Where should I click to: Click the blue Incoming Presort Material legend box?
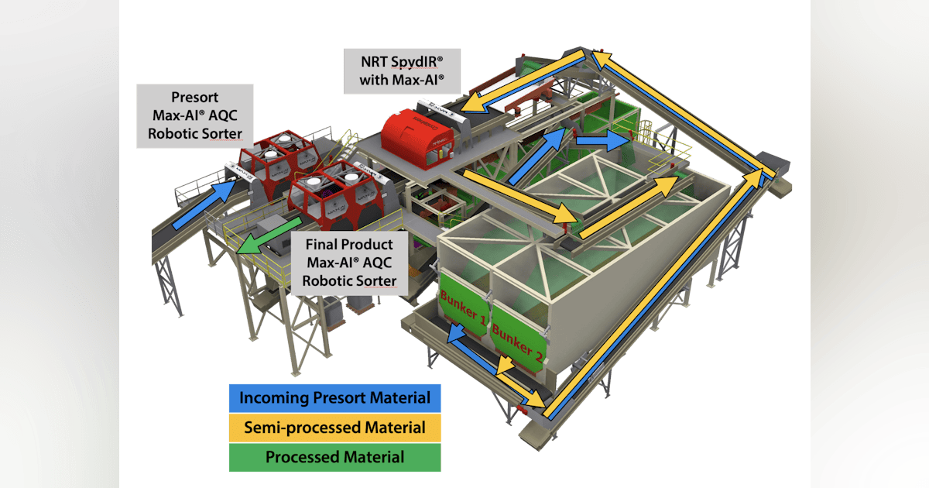pos(335,398)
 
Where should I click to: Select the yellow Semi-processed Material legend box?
pos(335,428)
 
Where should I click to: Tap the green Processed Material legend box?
pos(335,457)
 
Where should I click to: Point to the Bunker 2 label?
pos(517,340)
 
